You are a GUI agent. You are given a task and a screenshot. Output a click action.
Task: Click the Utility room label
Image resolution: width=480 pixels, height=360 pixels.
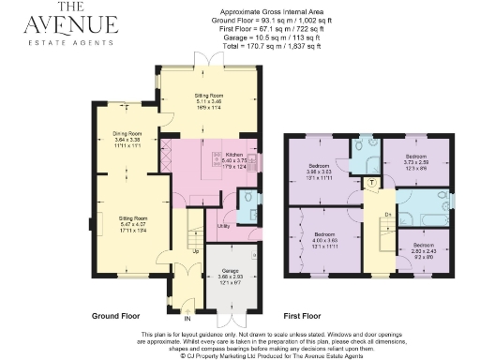[223, 226]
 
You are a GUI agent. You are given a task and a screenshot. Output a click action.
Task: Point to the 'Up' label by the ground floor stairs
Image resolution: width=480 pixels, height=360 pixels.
[195, 251]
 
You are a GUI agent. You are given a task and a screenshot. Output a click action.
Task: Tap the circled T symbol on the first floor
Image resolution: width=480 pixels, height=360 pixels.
[371, 181]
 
